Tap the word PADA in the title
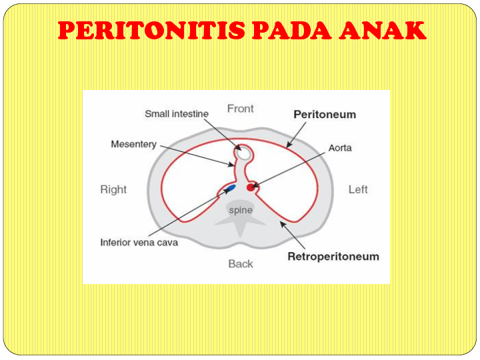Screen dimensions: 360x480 [x=295, y=31]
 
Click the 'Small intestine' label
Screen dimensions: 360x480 [x=177, y=114]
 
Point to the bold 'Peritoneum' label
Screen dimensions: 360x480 [x=325, y=115]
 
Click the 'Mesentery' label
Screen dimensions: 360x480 [x=133, y=144]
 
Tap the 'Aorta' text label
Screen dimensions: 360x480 [x=340, y=147]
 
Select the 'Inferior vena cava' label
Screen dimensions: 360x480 [x=139, y=243]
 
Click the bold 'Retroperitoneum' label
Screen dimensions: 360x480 [x=333, y=257]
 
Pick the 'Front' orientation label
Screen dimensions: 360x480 [x=241, y=109]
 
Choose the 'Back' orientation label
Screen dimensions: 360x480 [x=241, y=264]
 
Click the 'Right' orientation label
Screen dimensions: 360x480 [x=113, y=189]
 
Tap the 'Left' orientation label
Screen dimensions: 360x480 [x=358, y=189]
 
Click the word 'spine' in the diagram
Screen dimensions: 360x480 [x=241, y=210]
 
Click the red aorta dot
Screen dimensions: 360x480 [x=251, y=187]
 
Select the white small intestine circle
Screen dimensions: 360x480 [x=244, y=153]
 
